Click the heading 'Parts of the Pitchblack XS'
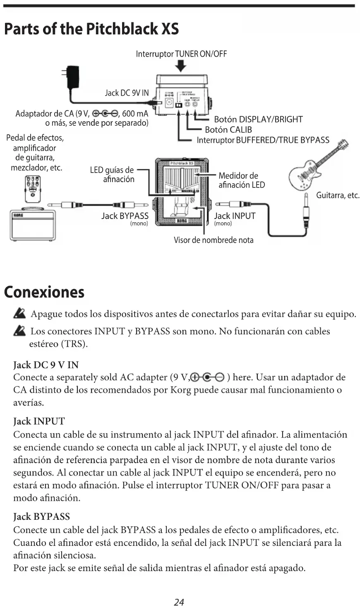[91, 29]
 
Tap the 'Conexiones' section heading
[44, 292]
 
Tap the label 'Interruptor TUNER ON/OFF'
[181, 54]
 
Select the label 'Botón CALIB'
[228, 130]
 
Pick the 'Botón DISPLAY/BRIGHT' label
[258, 120]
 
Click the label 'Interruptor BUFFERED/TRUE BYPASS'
[263, 140]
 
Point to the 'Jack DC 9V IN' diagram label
[126, 93]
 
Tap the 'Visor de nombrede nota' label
[213, 240]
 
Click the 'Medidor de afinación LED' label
[241, 180]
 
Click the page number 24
[179, 602]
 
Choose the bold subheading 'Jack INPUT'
[39, 421]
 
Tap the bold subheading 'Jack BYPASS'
[41, 516]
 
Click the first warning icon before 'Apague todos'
[19, 314]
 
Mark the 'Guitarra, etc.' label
[337, 195]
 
